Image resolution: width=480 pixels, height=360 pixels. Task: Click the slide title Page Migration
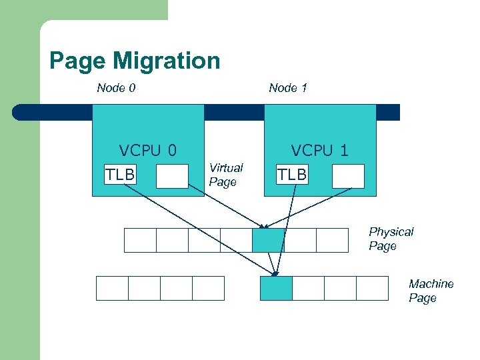[x=135, y=61]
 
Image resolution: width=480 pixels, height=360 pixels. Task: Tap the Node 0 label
[x=116, y=88]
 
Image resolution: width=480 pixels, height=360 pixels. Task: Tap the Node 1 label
[x=288, y=88]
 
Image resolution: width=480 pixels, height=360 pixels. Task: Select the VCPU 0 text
[x=147, y=151]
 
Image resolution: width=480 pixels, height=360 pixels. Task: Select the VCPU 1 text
[x=319, y=151]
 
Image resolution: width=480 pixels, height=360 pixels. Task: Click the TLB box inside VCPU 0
[x=119, y=175]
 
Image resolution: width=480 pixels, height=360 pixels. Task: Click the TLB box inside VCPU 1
[x=292, y=175]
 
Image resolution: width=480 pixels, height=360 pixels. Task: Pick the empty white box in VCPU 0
[x=172, y=177]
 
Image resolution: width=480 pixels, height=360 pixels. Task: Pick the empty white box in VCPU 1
[x=348, y=176]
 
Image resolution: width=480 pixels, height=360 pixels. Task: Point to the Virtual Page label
[x=226, y=175]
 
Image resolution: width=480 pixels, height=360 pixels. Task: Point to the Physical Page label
[x=391, y=239]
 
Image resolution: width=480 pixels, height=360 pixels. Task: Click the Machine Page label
[x=431, y=291]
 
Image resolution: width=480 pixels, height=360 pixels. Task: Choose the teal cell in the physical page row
[x=268, y=240]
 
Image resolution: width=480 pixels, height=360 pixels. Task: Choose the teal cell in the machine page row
[x=276, y=288]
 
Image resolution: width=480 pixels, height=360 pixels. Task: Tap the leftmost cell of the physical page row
[x=140, y=240]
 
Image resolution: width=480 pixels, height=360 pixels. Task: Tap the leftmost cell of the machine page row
[x=112, y=288]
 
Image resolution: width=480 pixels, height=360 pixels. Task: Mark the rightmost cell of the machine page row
[x=372, y=288]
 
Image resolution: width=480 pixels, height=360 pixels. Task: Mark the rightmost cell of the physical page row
[x=332, y=240]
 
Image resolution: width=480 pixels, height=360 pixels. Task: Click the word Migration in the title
[x=166, y=61]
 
